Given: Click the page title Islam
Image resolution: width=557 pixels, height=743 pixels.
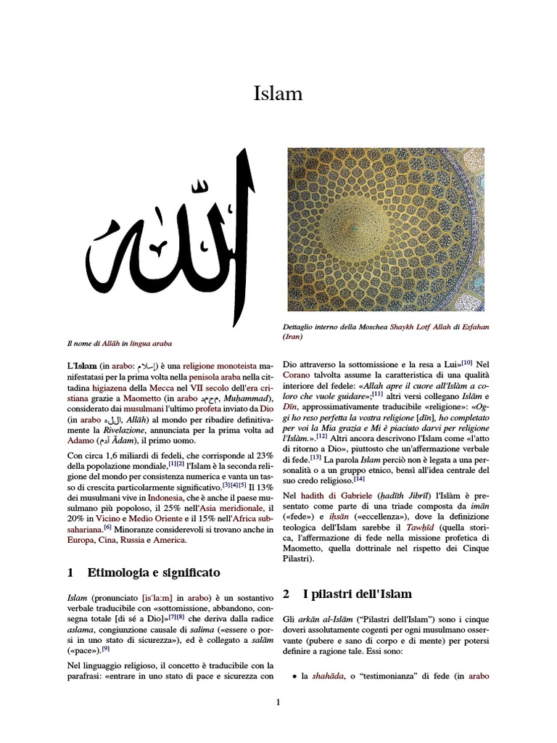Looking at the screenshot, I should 278,94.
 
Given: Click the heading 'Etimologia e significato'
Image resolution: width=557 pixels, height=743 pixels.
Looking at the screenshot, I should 154,572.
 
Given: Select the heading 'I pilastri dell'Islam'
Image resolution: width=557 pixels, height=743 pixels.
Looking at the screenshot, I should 358,594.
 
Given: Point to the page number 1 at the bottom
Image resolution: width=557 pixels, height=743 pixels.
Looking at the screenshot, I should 277,702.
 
